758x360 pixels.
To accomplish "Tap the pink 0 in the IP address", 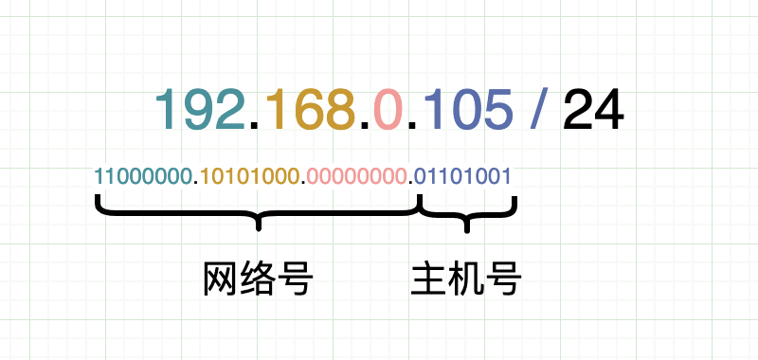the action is pyautogui.click(x=388, y=109).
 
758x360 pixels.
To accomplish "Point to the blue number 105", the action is pyautogui.click(x=471, y=109).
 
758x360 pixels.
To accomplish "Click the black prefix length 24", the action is pyautogui.click(x=593, y=109).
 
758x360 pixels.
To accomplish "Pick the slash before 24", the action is pyautogui.click(x=541, y=109).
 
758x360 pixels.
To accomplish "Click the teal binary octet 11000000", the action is pyautogui.click(x=143, y=176).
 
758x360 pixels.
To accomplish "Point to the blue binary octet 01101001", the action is pyautogui.click(x=464, y=176).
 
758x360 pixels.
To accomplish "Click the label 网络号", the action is pyautogui.click(x=258, y=279).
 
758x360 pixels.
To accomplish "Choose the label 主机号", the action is pyautogui.click(x=466, y=279).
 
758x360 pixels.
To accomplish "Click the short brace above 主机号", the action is pyautogui.click(x=466, y=214).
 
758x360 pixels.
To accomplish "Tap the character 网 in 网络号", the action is pyautogui.click(x=222, y=279).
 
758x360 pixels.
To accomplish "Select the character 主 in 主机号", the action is pyautogui.click(x=430, y=279).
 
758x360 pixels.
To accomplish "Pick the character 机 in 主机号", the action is pyautogui.click(x=466, y=279).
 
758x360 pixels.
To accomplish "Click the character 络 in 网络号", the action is pyautogui.click(x=258, y=279).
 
